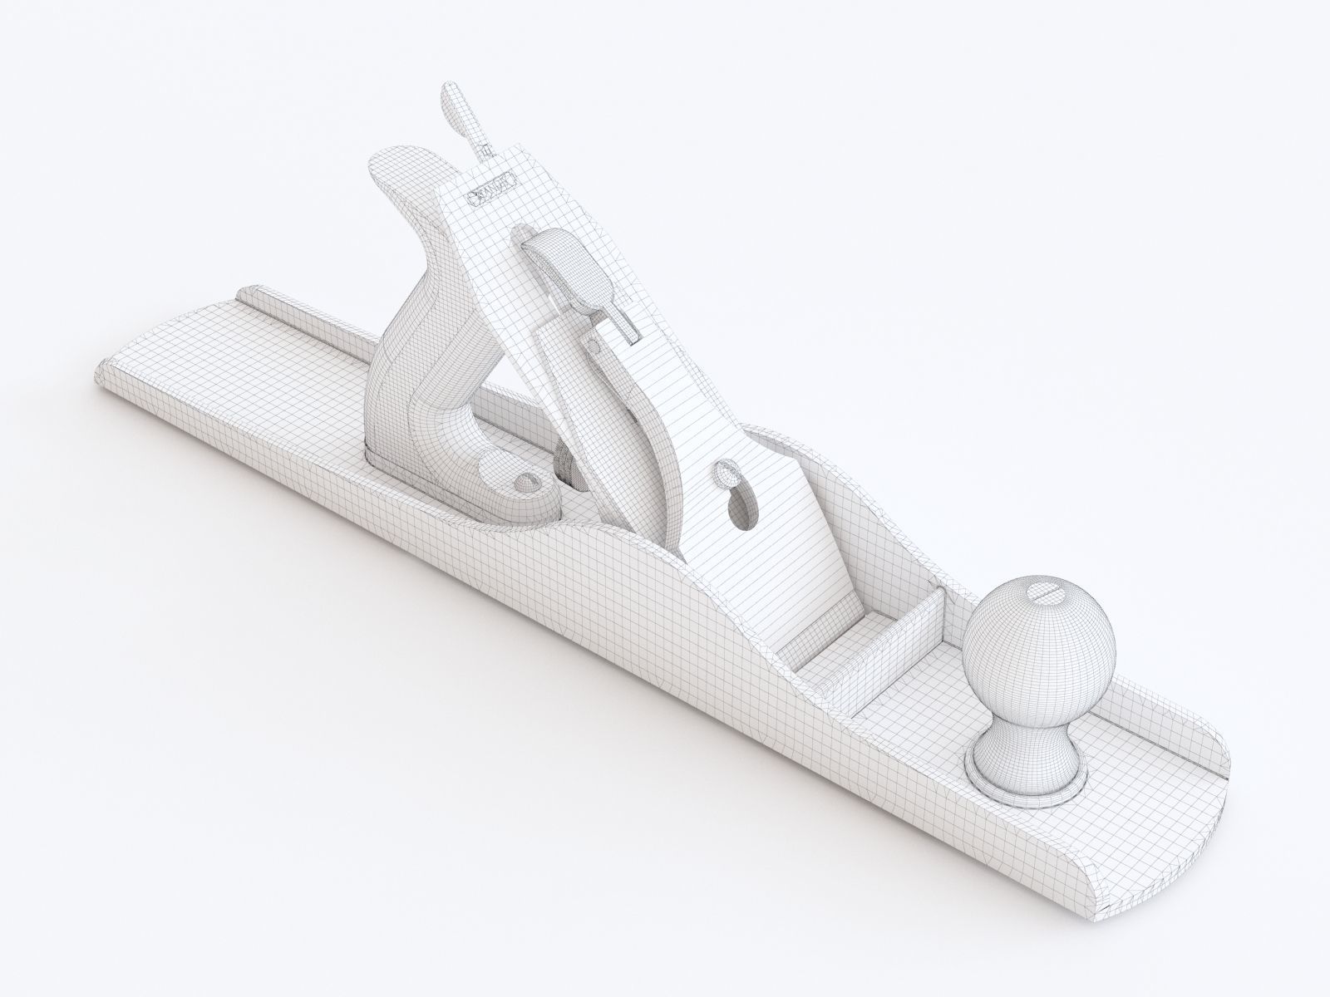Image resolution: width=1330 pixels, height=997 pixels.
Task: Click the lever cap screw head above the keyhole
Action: (725, 476)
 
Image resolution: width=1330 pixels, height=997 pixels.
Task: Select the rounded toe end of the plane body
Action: (1197, 798)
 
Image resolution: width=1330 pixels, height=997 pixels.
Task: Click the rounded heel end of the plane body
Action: (125, 374)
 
